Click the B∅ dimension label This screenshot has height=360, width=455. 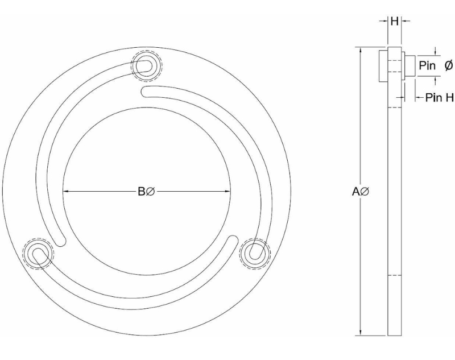[146, 192]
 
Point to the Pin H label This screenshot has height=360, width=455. [439, 98]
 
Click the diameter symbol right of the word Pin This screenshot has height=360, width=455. [448, 65]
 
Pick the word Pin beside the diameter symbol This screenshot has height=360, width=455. [427, 65]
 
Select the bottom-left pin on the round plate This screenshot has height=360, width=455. [37, 252]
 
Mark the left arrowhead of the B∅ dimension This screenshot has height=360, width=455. [66, 192]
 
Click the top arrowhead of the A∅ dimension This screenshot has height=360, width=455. [361, 50]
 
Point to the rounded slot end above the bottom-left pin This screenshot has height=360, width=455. [59, 234]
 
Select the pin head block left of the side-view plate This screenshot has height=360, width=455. [383, 65]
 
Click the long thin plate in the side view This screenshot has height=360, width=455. [394, 216]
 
